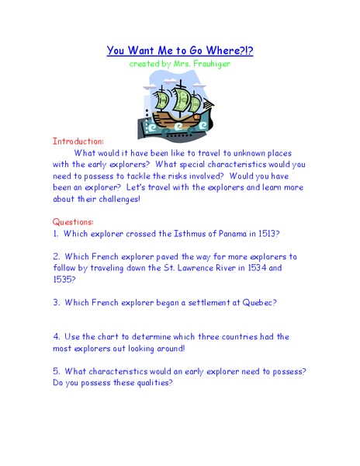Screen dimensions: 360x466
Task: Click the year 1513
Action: pos(267,233)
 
